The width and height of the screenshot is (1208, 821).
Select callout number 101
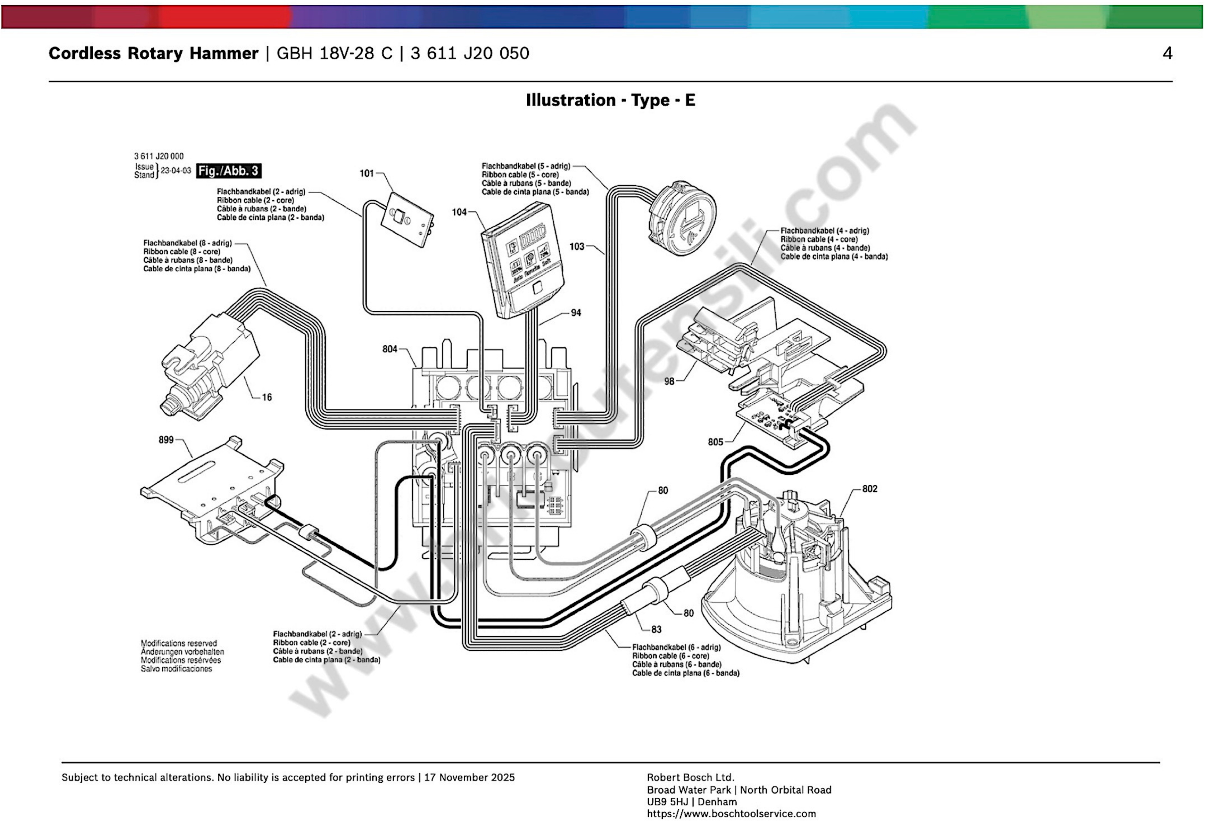click(x=367, y=173)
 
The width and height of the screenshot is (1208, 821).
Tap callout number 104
click(x=459, y=212)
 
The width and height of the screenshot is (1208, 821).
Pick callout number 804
click(x=390, y=349)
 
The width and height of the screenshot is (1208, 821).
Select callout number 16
click(x=267, y=397)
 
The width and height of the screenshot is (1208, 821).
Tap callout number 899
click(x=166, y=440)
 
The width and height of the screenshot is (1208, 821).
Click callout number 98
click(x=669, y=381)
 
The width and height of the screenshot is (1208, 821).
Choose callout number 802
click(x=870, y=489)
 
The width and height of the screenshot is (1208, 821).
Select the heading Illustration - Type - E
click(x=610, y=100)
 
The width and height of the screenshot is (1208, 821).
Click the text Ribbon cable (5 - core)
click(x=520, y=175)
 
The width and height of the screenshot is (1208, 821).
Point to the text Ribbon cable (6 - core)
click(x=671, y=656)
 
